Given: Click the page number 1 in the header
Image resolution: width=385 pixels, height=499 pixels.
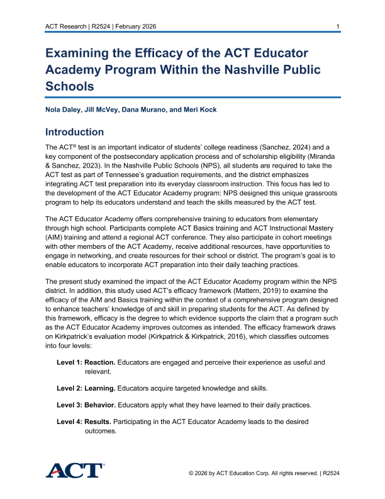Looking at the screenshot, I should tap(338, 26).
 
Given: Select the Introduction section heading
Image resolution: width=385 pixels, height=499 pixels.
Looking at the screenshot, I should tap(74, 132).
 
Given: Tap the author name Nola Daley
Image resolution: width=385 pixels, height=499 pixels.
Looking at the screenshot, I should tap(63, 110).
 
